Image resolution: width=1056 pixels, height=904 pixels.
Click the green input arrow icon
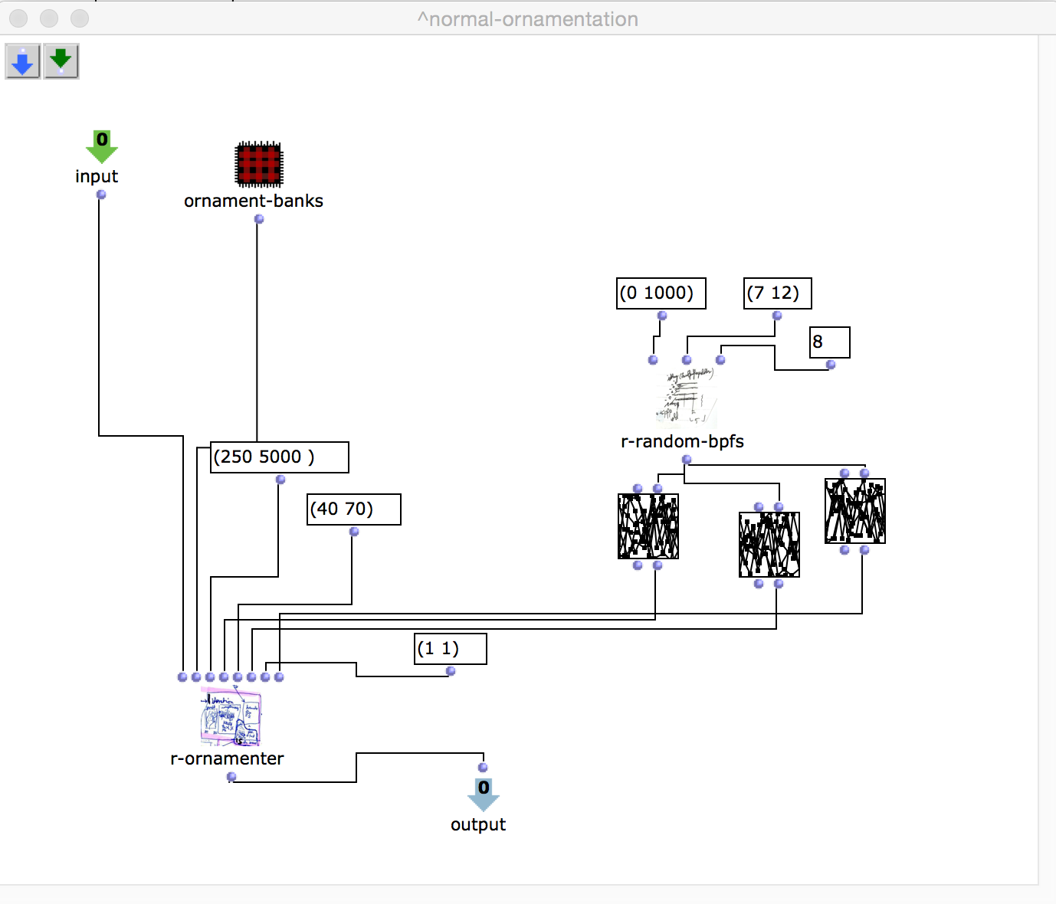[101, 146]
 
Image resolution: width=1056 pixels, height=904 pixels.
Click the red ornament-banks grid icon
[259, 164]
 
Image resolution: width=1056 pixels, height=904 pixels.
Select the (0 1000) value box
[661, 293]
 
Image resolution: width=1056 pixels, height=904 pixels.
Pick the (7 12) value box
[777, 293]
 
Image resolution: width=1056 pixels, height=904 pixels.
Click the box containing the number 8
[829, 342]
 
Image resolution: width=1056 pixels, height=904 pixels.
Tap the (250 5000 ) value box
[279, 457]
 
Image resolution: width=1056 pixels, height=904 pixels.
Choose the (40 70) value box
[353, 509]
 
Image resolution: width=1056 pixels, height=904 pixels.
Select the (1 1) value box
[450, 649]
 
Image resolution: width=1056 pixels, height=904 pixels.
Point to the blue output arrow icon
[484, 794]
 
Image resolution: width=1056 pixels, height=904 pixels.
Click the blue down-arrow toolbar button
[23, 62]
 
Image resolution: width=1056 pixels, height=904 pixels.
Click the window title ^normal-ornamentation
[527, 19]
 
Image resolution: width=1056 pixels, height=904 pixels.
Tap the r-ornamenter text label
[227, 758]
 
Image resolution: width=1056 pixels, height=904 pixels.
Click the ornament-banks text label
[254, 201]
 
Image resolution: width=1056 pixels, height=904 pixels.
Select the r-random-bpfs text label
[682, 441]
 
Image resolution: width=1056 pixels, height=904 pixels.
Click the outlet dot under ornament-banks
[259, 219]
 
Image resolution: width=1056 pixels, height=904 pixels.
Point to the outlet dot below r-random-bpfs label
[687, 460]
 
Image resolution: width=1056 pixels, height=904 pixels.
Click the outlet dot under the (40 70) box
[354, 532]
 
